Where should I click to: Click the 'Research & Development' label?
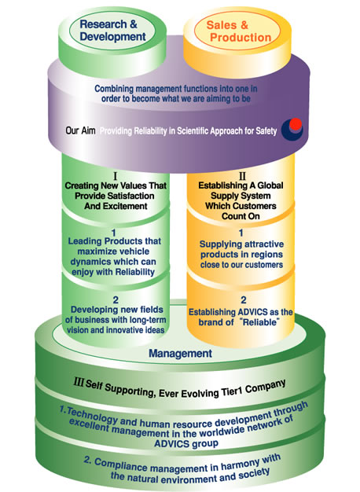(112, 30)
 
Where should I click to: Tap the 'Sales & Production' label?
(238, 31)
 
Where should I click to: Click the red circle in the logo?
(296, 124)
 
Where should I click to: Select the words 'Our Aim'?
(80, 130)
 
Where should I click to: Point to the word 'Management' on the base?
(180, 354)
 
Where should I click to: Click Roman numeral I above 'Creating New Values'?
(116, 176)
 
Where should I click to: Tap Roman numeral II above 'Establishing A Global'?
(242, 176)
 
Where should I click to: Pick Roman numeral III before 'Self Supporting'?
(79, 382)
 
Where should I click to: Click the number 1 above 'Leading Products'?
(114, 233)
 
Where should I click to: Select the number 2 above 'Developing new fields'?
(116, 300)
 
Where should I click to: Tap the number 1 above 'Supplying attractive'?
(241, 233)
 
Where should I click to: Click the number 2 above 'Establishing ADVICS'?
(243, 300)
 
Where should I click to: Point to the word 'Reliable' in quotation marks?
(260, 322)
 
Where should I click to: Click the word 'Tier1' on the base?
(231, 392)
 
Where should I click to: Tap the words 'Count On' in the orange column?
(241, 216)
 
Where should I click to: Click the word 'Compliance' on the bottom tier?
(120, 465)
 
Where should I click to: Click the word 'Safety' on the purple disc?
(266, 130)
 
